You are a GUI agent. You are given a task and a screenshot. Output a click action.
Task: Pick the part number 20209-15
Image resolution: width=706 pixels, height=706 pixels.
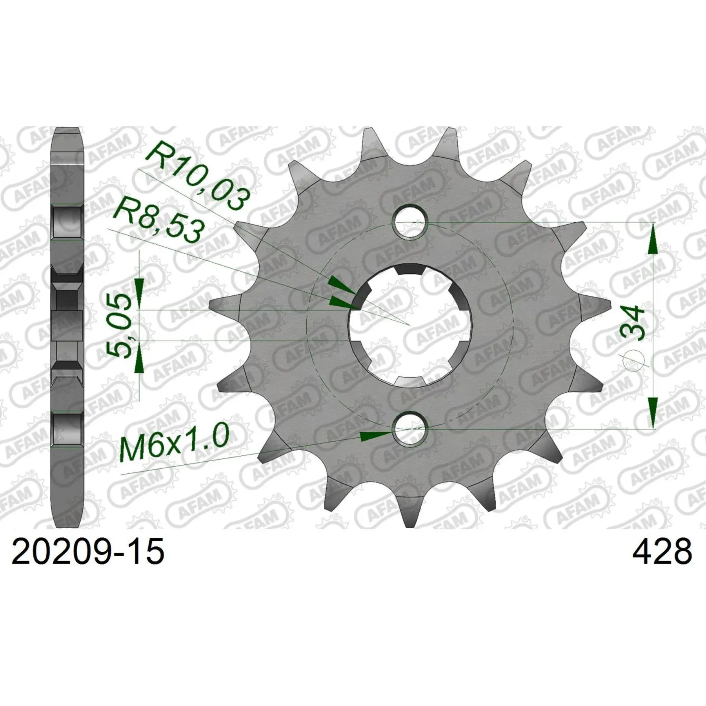(88, 551)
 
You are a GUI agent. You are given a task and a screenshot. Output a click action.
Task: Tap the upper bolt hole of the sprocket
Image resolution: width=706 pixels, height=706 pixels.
(410, 222)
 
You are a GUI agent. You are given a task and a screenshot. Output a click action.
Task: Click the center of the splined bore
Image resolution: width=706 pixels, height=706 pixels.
(410, 325)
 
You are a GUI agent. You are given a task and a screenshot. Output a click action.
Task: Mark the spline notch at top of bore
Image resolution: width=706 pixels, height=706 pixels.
(411, 270)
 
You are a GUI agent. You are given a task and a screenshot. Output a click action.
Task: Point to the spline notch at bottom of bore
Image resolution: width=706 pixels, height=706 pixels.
(411, 380)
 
